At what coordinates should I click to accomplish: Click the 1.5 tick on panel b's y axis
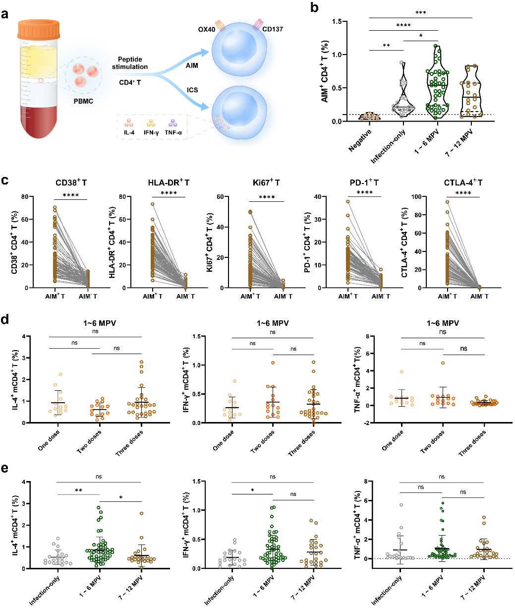[x=341, y=21]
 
